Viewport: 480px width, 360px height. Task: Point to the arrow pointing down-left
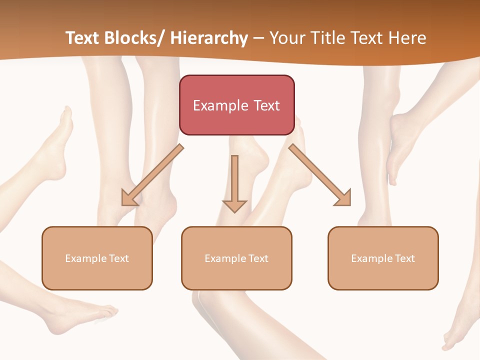pyautogui.click(x=152, y=175)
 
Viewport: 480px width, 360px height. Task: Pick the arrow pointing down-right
pyautogui.click(x=320, y=175)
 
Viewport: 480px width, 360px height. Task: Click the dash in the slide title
pyautogui.click(x=258, y=38)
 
